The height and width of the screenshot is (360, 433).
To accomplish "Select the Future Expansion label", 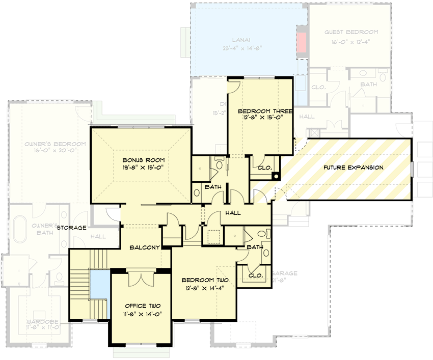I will click(353, 167).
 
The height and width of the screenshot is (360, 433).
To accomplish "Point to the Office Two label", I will click(143, 306).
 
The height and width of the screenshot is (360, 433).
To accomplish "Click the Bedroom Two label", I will click(205, 280).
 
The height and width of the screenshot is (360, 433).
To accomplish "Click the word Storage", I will click(71, 228).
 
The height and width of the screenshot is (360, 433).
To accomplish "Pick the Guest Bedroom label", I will click(351, 32).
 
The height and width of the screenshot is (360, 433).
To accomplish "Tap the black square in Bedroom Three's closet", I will click(276, 177).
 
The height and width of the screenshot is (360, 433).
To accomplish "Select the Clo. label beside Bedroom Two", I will click(255, 275).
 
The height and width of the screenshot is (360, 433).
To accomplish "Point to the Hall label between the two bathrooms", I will click(232, 213).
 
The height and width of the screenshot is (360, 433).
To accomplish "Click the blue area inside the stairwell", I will click(99, 288).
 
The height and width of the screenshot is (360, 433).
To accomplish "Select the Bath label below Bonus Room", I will click(212, 187).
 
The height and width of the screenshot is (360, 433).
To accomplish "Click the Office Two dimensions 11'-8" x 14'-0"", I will click(143, 314).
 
